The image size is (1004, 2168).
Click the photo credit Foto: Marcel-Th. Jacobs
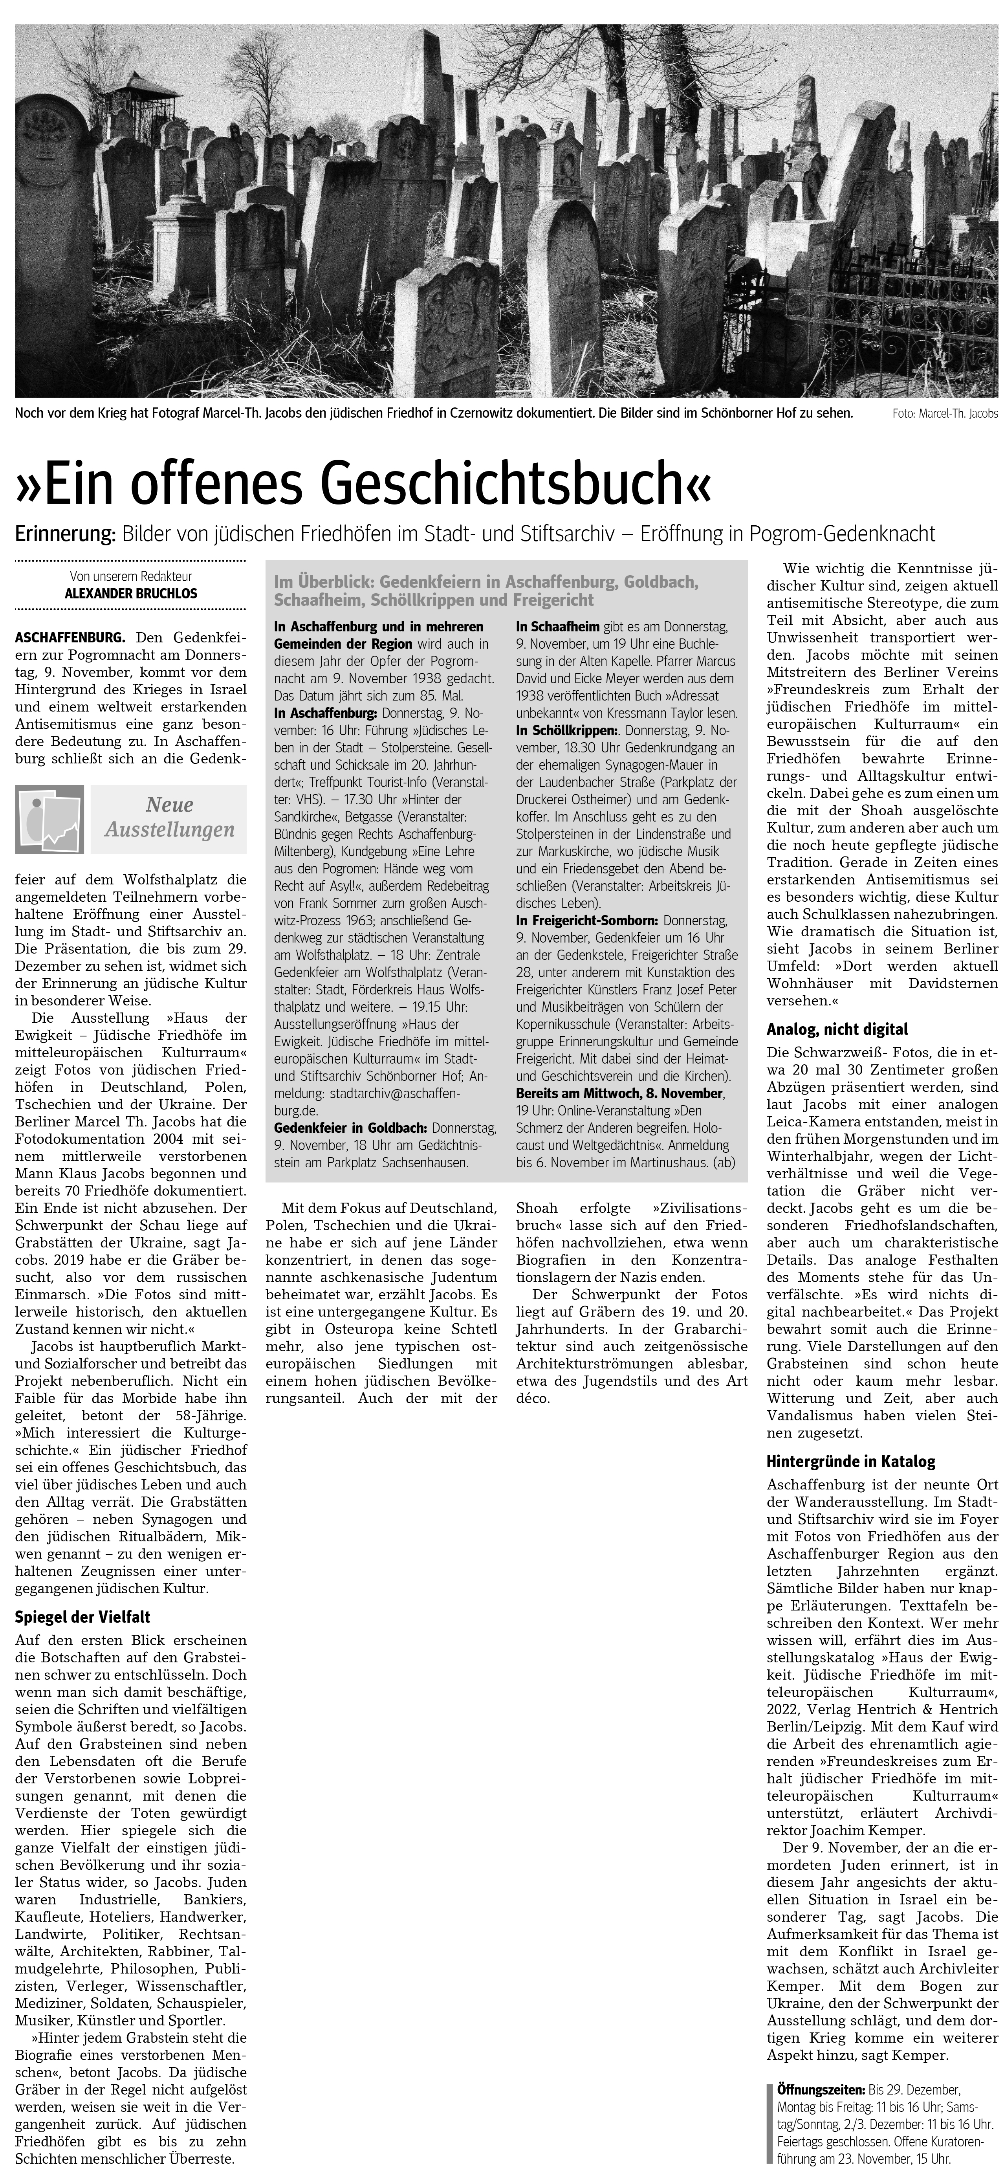pos(944,414)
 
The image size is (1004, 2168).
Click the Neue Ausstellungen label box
pos(168,818)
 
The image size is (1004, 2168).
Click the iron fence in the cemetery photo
pos(909,320)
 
